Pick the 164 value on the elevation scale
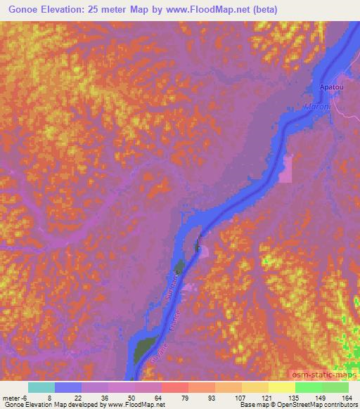[347, 398]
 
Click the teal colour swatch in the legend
[41, 387]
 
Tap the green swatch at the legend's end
[335, 387]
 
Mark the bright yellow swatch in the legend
[282, 387]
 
